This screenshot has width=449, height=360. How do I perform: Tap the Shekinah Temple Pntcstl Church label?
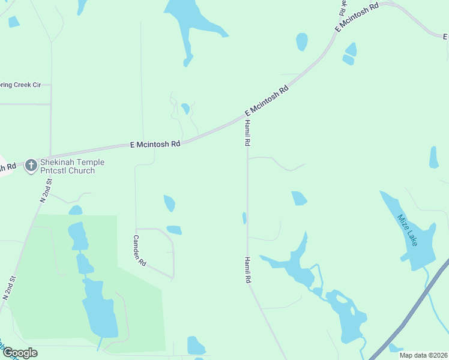[72, 166]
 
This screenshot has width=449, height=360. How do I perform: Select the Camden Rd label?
[139, 250]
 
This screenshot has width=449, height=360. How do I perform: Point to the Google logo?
[20, 352]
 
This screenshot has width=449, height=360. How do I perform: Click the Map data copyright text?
[423, 355]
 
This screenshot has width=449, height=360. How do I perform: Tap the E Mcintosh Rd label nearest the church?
[155, 144]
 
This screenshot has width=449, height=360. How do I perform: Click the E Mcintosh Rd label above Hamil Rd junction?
[267, 100]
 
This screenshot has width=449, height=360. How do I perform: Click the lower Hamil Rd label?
[247, 270]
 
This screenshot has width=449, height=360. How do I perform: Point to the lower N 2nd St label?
[8, 288]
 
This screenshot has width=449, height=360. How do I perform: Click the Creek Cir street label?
[20, 85]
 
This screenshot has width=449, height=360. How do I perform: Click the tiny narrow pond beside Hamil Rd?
[244, 218]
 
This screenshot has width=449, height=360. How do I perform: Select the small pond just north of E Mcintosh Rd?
[185, 108]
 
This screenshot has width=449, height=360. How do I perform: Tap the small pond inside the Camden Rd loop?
[174, 230]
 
